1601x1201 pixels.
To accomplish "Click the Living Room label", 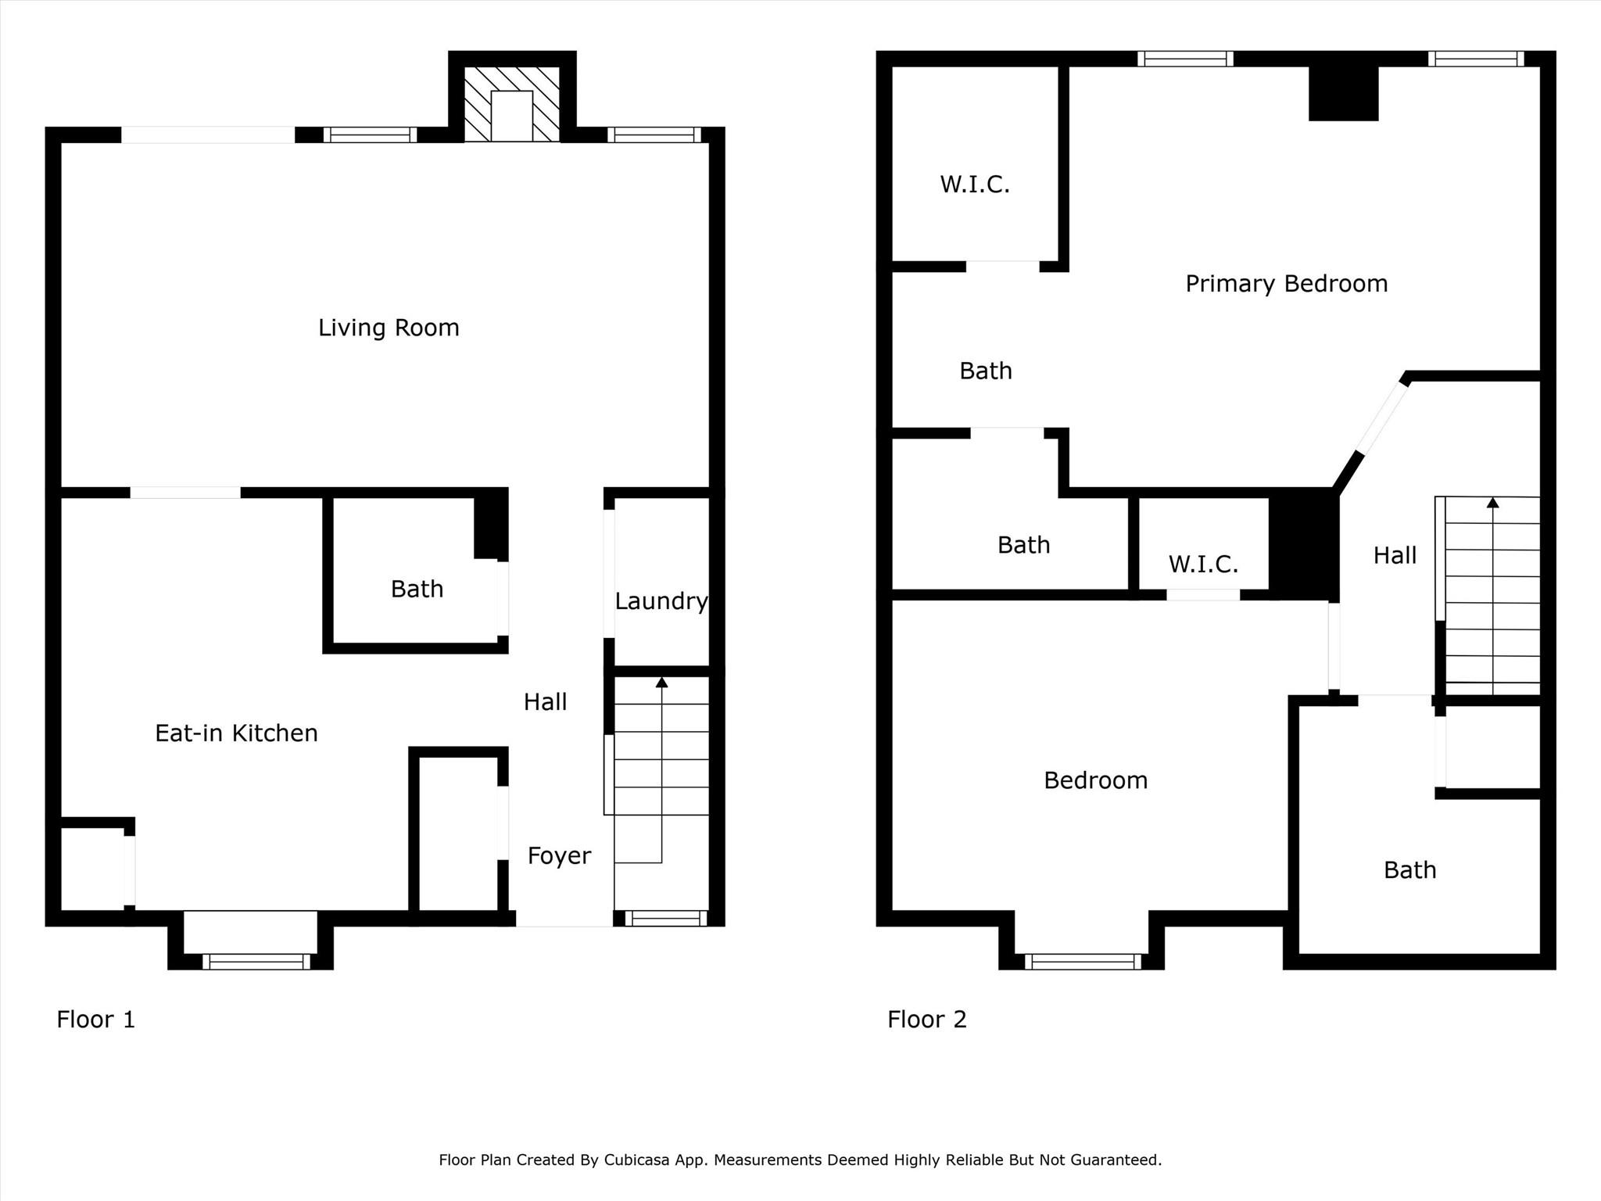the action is click(x=389, y=328).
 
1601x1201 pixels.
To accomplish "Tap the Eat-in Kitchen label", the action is click(x=236, y=733).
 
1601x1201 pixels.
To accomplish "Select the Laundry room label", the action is click(x=661, y=601).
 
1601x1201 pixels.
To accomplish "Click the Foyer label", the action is click(x=559, y=856).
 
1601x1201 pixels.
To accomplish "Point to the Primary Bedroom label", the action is click(x=1287, y=283).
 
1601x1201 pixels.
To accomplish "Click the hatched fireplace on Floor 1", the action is click(x=512, y=104).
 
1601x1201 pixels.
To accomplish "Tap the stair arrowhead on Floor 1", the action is click(x=662, y=682).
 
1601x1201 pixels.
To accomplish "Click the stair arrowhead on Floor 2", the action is click(x=1493, y=502).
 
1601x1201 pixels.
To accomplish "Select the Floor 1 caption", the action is click(x=96, y=1020).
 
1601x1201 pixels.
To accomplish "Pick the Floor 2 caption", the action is click(x=927, y=1020).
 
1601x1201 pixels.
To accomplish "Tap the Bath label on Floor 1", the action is click(x=417, y=589).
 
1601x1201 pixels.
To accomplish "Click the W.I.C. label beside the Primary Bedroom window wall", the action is click(x=975, y=185).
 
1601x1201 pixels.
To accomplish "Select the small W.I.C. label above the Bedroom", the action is click(x=1204, y=564).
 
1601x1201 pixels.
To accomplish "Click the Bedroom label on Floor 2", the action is click(x=1096, y=780).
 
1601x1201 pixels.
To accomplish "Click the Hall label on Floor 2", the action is click(x=1395, y=555).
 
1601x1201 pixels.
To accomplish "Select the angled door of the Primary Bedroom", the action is click(x=1381, y=417).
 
